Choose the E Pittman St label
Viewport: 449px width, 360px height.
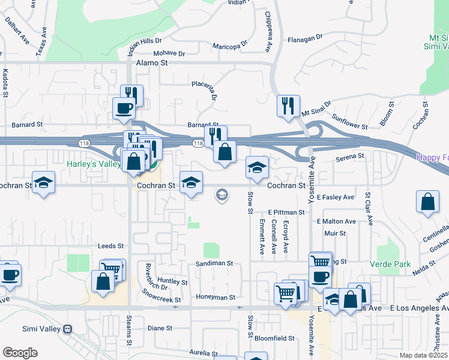pos(288,212)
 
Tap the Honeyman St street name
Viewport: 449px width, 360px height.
pos(214,297)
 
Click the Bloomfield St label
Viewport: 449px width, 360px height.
pos(274,338)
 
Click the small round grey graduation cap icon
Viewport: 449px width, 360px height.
pos(221,195)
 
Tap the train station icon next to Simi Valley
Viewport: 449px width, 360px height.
pos(68,329)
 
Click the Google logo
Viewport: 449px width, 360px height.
pos(20,352)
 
